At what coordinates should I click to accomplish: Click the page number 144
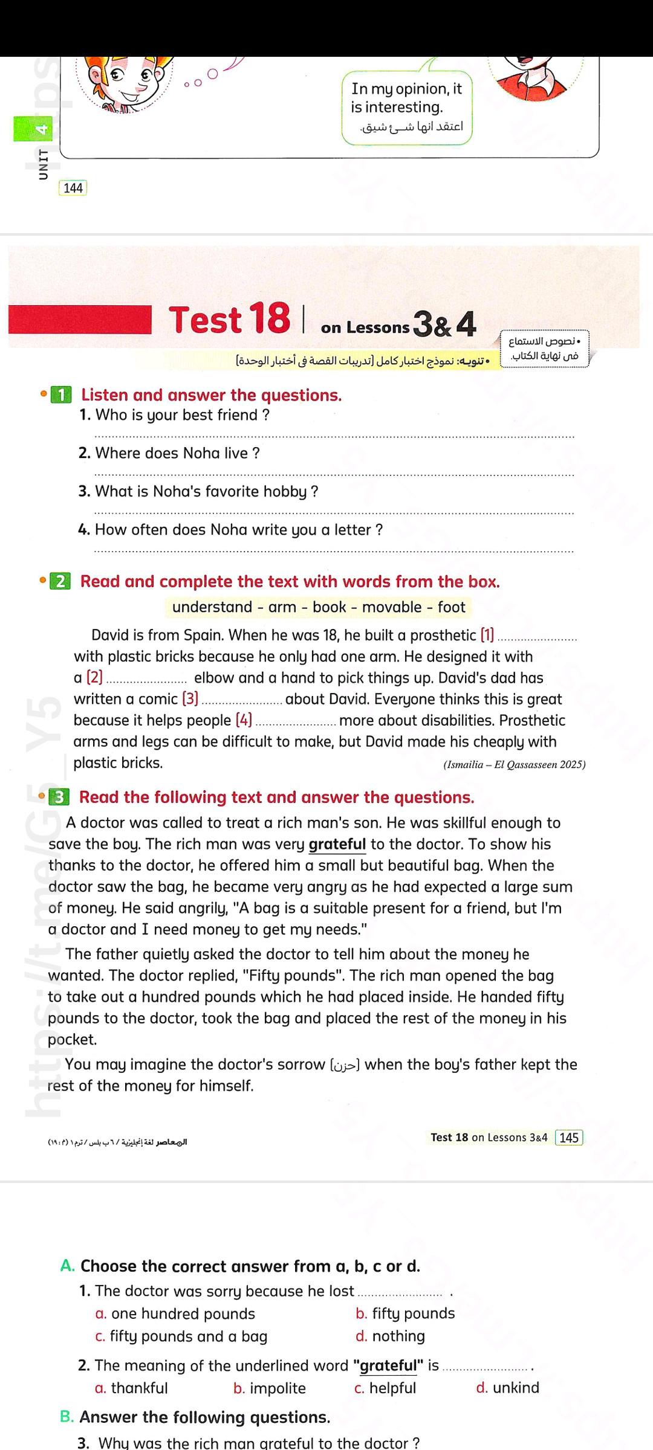click(x=73, y=188)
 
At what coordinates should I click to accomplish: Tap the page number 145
click(x=569, y=1138)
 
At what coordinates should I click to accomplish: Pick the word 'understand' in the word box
click(x=212, y=607)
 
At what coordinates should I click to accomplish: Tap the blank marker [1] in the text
click(x=487, y=635)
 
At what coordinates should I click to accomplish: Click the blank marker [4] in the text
click(x=244, y=720)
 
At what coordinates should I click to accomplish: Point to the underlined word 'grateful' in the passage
click(x=337, y=844)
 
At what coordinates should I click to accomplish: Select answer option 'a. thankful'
click(x=132, y=1388)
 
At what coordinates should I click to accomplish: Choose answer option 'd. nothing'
click(x=391, y=1336)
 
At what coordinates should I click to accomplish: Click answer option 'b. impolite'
click(x=270, y=1388)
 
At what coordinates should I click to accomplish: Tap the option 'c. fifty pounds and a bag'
click(x=181, y=1336)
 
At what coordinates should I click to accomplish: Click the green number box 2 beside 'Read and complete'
click(x=60, y=582)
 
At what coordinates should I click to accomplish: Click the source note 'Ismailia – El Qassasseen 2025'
click(x=515, y=764)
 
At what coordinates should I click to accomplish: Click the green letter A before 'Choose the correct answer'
click(x=67, y=1266)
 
